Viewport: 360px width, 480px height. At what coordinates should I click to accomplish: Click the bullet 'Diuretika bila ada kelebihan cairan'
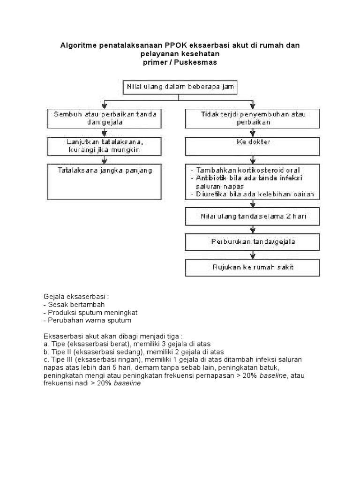coord(253,194)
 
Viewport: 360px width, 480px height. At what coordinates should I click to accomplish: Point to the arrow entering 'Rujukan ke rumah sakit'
coord(254,255)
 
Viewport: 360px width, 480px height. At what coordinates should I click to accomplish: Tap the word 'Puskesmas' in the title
coord(198,62)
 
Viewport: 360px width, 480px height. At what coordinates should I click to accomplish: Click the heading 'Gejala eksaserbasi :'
coord(75,297)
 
